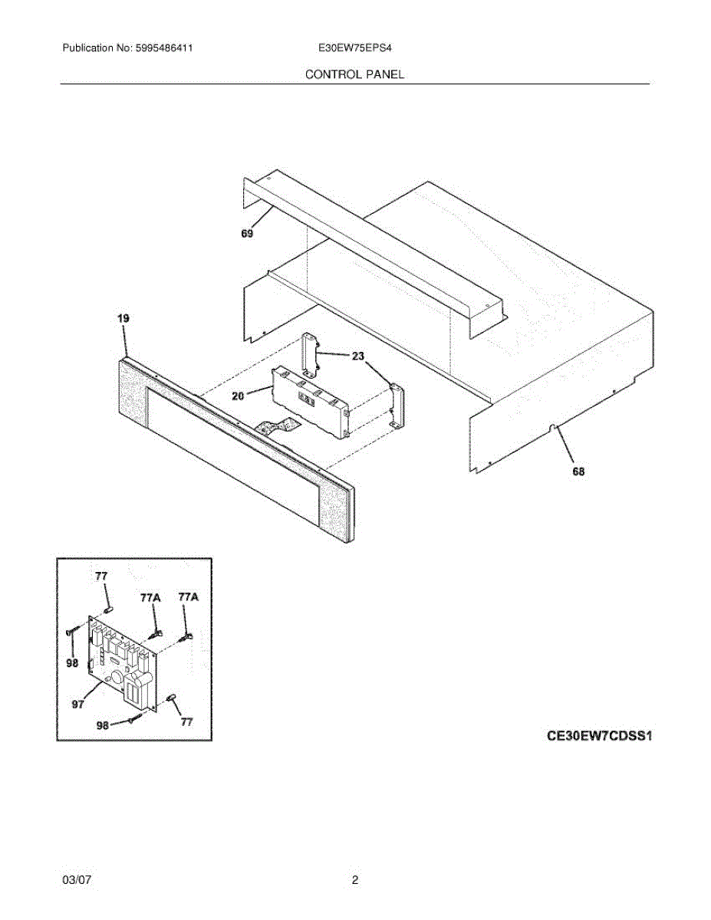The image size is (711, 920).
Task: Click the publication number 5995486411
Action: pyautogui.click(x=163, y=48)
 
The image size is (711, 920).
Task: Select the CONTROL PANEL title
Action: pyautogui.click(x=354, y=74)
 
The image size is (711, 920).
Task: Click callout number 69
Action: pyautogui.click(x=247, y=235)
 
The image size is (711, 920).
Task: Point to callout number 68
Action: pyautogui.click(x=578, y=472)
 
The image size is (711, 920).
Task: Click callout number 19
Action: pyautogui.click(x=123, y=318)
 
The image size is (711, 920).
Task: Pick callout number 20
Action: pyautogui.click(x=238, y=396)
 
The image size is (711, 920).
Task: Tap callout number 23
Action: pyautogui.click(x=358, y=356)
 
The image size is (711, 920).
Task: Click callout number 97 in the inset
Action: pyautogui.click(x=78, y=705)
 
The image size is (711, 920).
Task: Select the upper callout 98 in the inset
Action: pyautogui.click(x=72, y=664)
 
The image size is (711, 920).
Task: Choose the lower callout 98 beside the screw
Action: pyautogui.click(x=102, y=724)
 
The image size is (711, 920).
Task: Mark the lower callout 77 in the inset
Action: pyautogui.click(x=186, y=721)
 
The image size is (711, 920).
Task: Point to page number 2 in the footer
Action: pyautogui.click(x=355, y=881)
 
